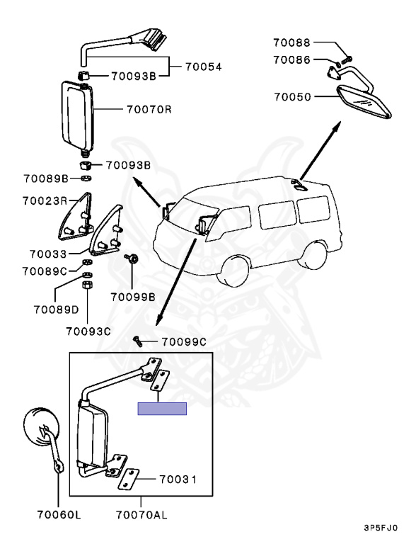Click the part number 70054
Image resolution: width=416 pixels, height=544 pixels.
pos(204,67)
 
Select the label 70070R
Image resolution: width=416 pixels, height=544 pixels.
pos(149,109)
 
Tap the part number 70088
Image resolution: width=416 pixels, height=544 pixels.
pos(291,42)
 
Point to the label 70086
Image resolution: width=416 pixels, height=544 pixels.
pos(291,59)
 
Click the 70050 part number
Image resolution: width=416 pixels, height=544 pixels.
pos(293,96)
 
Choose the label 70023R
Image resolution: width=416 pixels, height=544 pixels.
pos(45,200)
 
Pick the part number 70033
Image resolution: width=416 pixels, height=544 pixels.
pos(48,254)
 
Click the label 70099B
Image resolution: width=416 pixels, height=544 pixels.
pos(133,297)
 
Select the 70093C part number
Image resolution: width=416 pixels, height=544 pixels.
pos(88,331)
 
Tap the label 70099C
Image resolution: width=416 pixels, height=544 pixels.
pos(184,342)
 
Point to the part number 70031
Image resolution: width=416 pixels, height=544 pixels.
pos(178,479)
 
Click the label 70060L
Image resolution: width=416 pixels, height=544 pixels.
pos(59,514)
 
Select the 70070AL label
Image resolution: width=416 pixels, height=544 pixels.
pos(141,514)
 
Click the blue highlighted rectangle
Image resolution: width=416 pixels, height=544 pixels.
pos(162,409)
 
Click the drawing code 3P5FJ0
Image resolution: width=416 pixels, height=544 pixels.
pos(381,528)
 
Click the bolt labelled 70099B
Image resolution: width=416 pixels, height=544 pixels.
pos(132,258)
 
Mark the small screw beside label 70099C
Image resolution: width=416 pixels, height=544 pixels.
pos(138,341)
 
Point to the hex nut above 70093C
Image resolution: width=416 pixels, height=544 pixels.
pos(86,286)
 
